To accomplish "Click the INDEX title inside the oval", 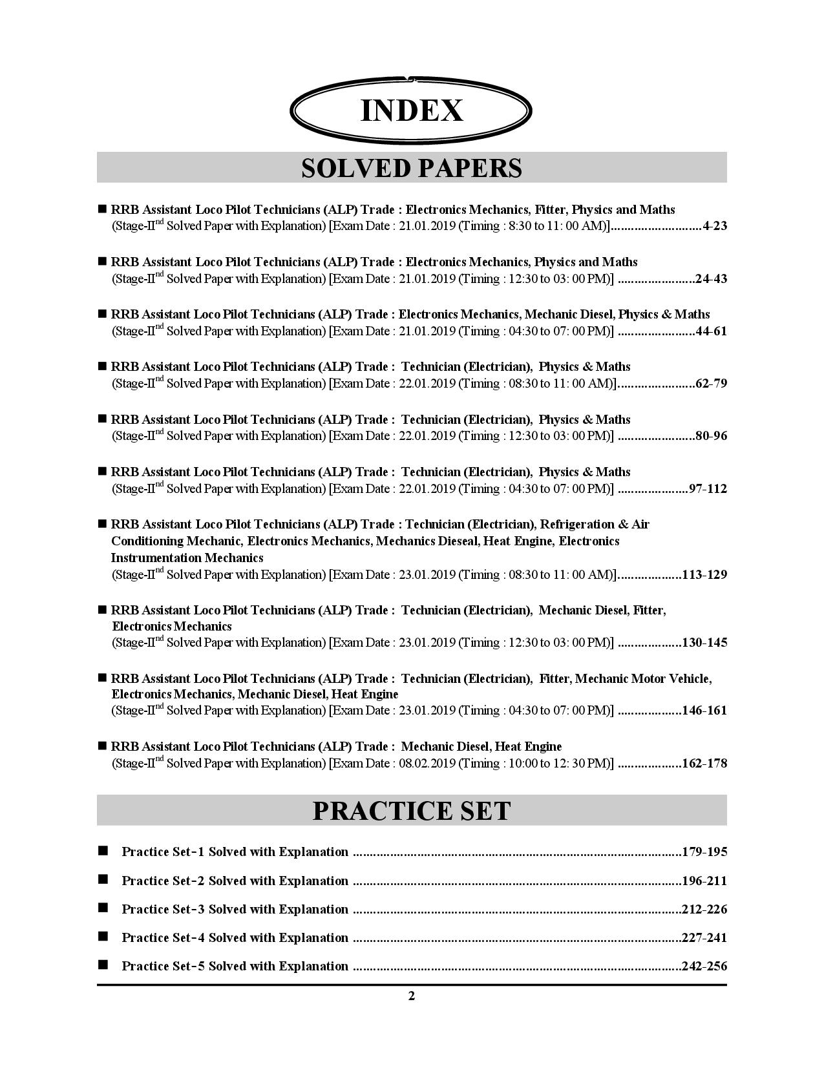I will click(412, 110).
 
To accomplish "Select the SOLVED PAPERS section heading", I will click(412, 168).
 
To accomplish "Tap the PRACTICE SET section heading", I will click(412, 811).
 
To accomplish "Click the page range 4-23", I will click(715, 227).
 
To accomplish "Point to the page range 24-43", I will click(711, 279).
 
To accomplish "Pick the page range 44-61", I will click(711, 331).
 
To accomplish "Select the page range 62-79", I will click(711, 384).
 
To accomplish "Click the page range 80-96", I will click(711, 436).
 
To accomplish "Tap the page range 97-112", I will click(708, 489).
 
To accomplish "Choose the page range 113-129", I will click(704, 575).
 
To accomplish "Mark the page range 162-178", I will click(704, 764).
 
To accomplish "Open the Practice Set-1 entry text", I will click(235, 852).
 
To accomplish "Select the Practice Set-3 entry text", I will click(235, 910).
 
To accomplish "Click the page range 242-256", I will click(704, 967).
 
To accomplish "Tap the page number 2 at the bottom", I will click(412, 996).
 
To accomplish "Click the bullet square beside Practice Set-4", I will click(103, 937).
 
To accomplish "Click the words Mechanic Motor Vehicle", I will click(642, 679).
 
